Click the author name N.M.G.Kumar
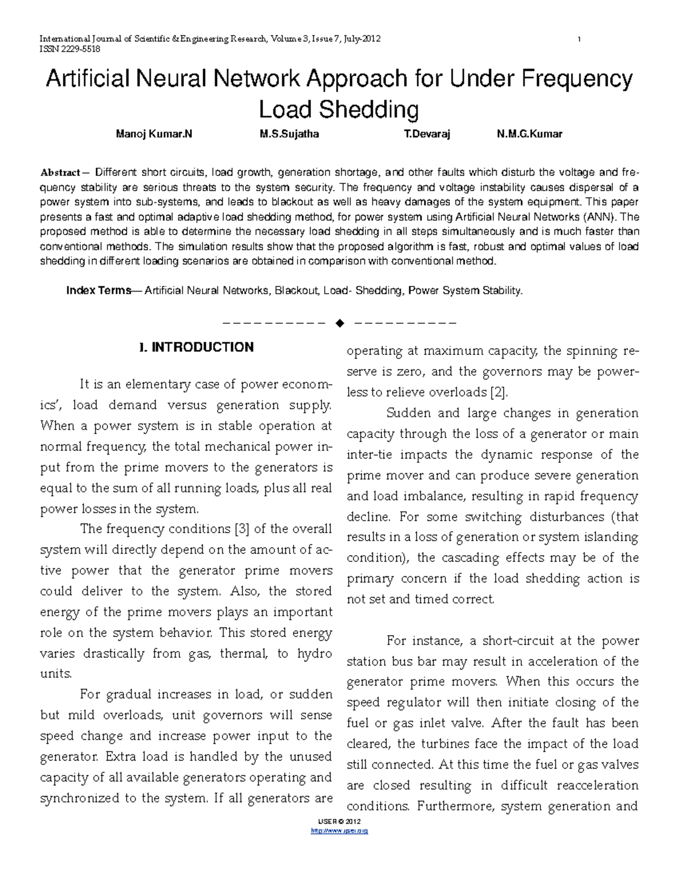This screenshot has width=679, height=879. point(529,134)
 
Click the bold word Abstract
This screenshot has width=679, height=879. point(60,173)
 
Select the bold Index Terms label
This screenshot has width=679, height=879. point(98,290)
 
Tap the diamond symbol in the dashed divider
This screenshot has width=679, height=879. point(339,324)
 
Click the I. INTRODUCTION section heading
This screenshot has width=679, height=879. point(196,348)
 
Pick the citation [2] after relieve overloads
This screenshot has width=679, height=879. point(499,392)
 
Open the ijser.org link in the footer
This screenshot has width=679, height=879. point(339,831)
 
